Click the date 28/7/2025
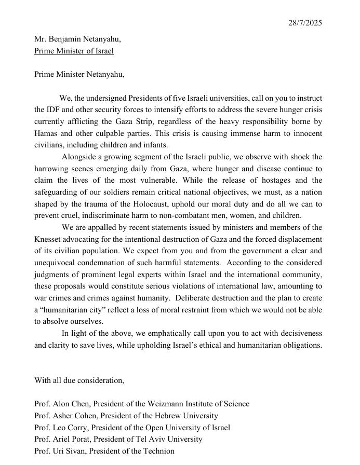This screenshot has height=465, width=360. coord(305,23)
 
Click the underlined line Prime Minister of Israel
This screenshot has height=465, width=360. coord(74,51)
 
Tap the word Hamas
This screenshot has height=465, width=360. coord(46,133)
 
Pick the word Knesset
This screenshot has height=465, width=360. coord(49,239)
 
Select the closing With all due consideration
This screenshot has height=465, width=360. coord(79,380)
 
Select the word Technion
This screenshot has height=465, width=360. coord(157,451)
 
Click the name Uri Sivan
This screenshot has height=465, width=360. coord(70,451)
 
